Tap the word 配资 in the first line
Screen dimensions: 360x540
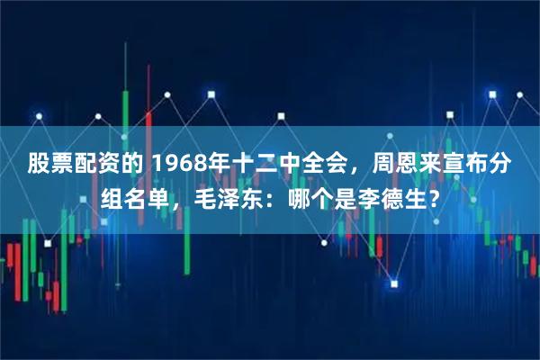point(94,165)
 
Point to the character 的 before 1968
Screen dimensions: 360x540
point(130,165)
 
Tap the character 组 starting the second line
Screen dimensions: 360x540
point(107,200)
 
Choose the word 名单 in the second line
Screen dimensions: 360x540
point(142,200)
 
